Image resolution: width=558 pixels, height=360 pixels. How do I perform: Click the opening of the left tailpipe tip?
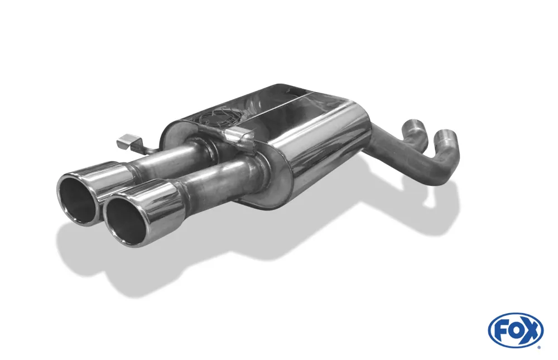[x=79, y=200]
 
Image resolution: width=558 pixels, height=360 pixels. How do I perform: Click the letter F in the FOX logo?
[x=500, y=330]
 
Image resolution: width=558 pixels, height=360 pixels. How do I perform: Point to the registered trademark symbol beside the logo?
[x=538, y=347]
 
